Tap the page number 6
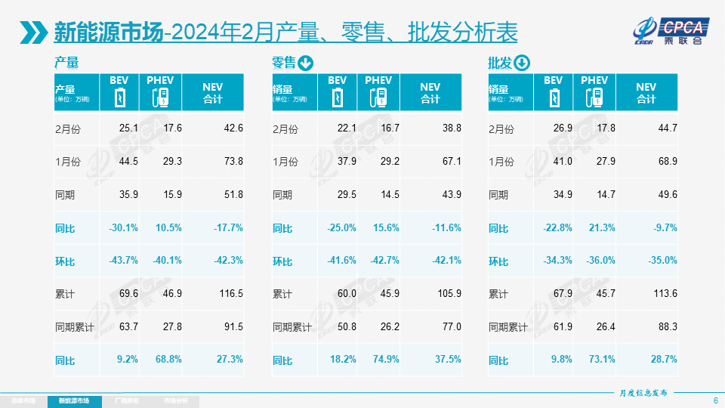tap(715, 400)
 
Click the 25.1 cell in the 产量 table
tap(128, 128)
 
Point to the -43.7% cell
tap(123, 261)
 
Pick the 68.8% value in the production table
tap(167, 360)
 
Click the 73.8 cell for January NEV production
tap(233, 162)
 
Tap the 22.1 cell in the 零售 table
tap(347, 128)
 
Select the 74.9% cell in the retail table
tap(385, 360)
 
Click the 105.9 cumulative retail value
tap(446, 294)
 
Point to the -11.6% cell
tap(446, 228)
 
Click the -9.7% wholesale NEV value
tap(664, 228)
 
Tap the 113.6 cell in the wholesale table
tap(664, 294)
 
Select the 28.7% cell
tap(664, 360)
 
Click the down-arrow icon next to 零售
tap(306, 63)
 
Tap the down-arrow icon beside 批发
tap(523, 63)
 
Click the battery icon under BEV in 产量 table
tap(119, 98)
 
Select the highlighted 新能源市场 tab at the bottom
tap(79, 400)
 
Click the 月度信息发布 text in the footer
tap(643, 393)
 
